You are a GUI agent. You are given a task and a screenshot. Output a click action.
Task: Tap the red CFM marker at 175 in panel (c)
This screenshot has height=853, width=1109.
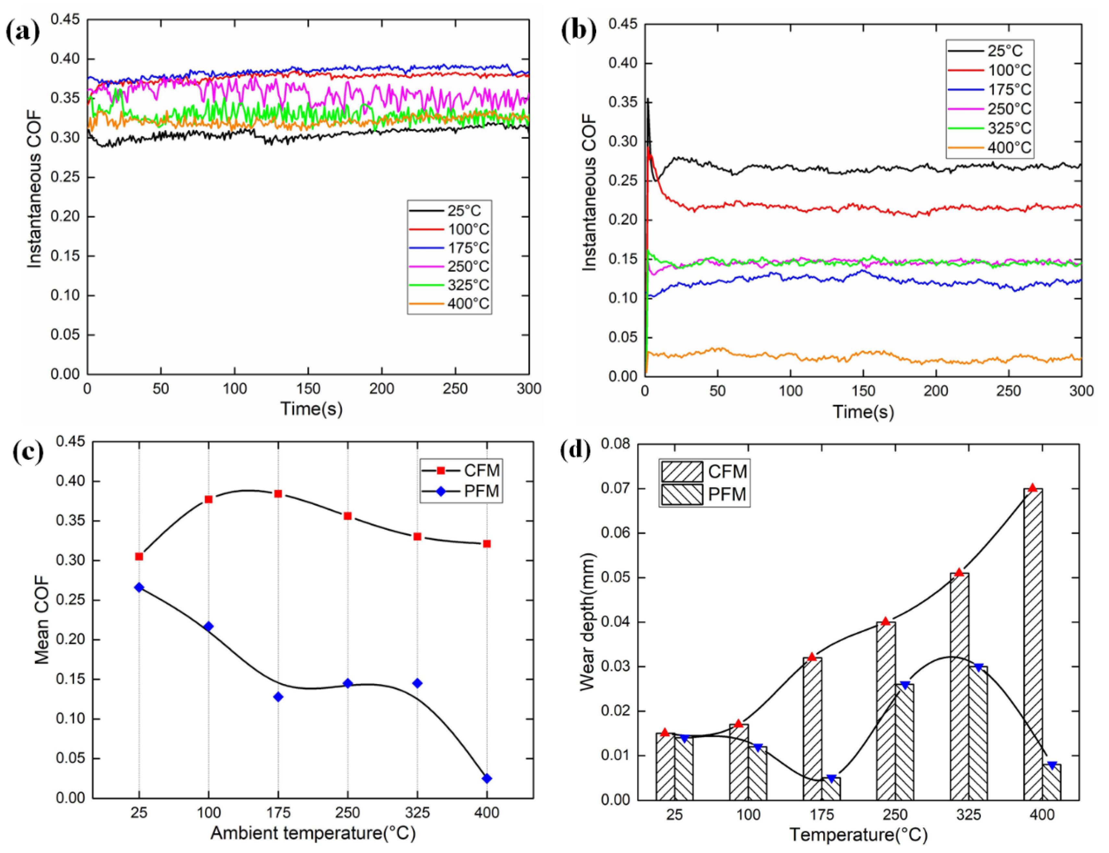tap(278, 494)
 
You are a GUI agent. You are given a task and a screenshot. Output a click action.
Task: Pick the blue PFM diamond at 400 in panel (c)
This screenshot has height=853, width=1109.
tap(487, 778)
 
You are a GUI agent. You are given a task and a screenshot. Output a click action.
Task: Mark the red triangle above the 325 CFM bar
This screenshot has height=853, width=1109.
tap(959, 572)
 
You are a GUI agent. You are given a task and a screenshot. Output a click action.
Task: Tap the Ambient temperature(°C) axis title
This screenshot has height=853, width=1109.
tap(313, 833)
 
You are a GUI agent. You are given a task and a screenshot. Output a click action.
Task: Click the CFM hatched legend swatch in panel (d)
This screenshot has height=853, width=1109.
tap(682, 471)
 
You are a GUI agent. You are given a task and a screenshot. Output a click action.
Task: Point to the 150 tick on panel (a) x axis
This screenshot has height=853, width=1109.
tap(308, 389)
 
